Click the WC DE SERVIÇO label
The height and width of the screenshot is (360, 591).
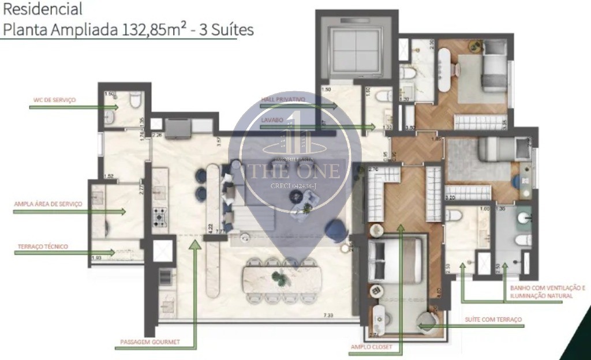[x=54, y=100]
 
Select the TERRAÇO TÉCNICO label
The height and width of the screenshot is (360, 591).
[x=43, y=246]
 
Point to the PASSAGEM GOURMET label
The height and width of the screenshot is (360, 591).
[x=150, y=342]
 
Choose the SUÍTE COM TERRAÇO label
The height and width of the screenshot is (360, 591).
[x=493, y=319]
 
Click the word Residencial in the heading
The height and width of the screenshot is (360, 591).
[x=43, y=9]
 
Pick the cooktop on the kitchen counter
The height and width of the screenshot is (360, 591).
[x=159, y=216]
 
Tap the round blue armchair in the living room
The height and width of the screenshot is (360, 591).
[x=334, y=231]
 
